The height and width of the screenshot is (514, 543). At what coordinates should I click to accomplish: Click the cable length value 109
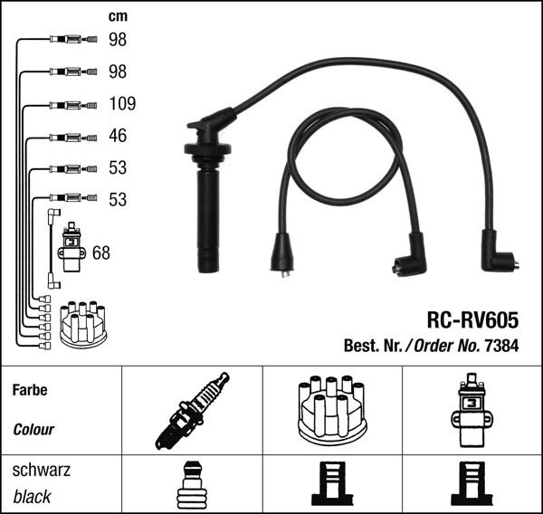tap(122, 103)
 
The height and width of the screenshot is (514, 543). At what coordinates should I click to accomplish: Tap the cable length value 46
tap(118, 136)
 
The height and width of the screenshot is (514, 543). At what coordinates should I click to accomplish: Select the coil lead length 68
tap(101, 252)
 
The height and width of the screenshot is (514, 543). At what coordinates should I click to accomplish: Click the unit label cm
tap(118, 16)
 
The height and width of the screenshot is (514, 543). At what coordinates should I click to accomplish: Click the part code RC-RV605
tap(472, 320)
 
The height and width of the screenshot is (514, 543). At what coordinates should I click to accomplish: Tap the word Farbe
tap(30, 390)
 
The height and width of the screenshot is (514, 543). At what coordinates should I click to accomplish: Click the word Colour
tap(33, 430)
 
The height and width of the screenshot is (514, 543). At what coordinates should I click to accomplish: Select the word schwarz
tap(42, 470)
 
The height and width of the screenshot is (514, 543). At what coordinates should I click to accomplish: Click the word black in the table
tap(32, 497)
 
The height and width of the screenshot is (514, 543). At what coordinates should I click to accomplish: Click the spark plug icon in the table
tap(192, 411)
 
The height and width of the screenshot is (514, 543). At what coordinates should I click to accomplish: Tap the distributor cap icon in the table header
tap(332, 410)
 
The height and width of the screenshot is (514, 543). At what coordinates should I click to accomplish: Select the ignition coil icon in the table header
tap(472, 410)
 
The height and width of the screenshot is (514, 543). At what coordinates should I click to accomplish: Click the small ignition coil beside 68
tap(71, 247)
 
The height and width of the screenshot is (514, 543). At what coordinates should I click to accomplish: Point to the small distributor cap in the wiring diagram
tap(83, 325)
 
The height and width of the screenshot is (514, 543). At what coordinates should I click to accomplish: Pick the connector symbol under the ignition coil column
tap(472, 484)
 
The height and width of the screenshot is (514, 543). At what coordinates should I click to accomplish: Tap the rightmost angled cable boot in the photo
tap(498, 252)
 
